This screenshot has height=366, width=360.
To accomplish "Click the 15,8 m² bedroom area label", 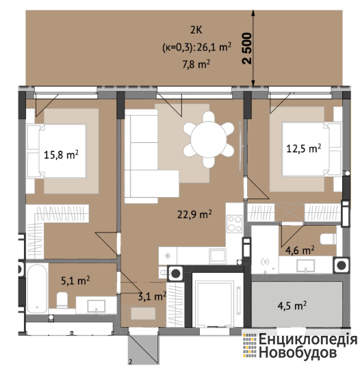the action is point(61,155).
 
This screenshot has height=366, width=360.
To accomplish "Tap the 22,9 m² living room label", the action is point(194,214).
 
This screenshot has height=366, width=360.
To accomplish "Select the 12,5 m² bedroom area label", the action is point(303,148).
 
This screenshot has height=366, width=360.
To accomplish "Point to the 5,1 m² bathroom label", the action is point(75,280).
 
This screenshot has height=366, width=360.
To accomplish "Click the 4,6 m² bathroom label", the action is point(300,250).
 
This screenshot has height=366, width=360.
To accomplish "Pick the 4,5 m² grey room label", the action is point(292,305).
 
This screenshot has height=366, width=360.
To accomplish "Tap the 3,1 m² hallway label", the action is point(152,296).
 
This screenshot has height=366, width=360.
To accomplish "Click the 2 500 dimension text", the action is point(247,49).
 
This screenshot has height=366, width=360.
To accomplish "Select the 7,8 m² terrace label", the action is point(196,64).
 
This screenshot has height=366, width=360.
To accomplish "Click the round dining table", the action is point(209,140).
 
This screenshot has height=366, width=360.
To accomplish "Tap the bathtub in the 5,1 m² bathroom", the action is point(37,288).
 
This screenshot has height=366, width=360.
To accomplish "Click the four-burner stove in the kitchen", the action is point(235,224).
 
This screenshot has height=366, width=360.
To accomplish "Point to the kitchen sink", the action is point(218,256).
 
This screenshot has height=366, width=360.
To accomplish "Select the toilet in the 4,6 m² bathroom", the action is point(328,239).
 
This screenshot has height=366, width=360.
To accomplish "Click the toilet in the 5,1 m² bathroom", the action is point(62,300).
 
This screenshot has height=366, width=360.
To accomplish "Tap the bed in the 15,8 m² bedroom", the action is point(57,151).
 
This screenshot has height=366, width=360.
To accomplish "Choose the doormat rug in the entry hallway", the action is point(143,313).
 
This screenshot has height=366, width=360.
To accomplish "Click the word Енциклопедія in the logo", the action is point(308,339).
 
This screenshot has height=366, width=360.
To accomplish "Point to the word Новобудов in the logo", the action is point(298,353).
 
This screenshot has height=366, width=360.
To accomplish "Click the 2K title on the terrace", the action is point(196,30).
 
